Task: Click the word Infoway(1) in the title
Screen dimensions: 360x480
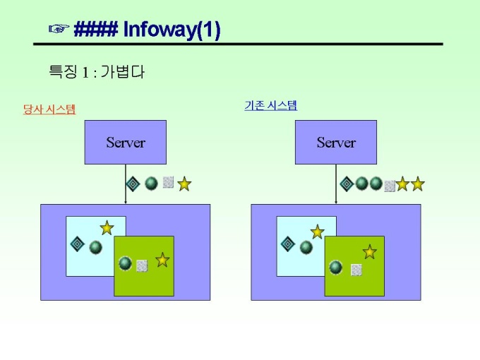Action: click(x=172, y=30)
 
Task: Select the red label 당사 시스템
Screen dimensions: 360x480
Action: click(x=49, y=109)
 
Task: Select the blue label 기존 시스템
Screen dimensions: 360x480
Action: click(x=270, y=106)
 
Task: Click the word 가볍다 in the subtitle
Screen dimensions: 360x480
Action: click(x=122, y=72)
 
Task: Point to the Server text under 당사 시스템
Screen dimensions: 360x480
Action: click(x=126, y=143)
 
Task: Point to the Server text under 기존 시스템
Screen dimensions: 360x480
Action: click(x=336, y=143)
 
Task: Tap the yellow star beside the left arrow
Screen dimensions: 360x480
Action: click(x=184, y=184)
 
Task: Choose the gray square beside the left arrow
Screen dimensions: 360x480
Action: click(x=168, y=182)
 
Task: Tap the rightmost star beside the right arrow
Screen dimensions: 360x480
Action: click(x=418, y=184)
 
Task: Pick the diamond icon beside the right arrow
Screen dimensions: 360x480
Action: click(x=347, y=184)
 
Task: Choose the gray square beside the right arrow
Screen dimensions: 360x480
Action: click(x=390, y=186)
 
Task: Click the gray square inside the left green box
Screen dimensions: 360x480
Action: click(x=142, y=265)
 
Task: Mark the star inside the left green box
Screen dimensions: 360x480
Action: click(x=162, y=260)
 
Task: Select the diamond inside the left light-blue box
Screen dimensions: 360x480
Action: click(x=78, y=244)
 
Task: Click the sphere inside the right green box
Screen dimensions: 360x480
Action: click(x=336, y=268)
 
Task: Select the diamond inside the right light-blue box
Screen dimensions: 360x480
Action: click(x=288, y=244)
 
